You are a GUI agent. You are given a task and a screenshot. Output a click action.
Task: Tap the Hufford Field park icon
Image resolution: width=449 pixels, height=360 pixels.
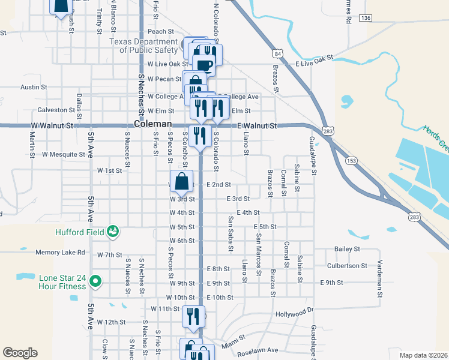click(112, 231)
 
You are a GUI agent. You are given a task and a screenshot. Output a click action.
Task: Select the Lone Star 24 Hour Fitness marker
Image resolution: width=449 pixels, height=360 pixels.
click(97, 280)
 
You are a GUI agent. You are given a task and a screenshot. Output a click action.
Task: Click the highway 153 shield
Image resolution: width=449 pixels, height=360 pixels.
click(351, 160)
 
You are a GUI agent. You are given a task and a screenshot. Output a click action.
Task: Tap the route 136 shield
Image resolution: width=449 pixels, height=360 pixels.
click(366, 19)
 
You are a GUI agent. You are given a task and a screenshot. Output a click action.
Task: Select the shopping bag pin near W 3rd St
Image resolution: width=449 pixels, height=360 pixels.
click(182, 182)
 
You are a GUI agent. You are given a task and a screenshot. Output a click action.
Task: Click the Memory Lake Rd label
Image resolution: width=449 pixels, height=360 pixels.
click(60, 253)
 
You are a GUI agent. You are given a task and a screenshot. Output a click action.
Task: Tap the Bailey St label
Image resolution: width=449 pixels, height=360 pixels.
click(347, 248)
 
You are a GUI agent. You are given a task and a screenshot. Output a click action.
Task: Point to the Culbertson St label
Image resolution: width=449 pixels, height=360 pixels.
click(347, 265)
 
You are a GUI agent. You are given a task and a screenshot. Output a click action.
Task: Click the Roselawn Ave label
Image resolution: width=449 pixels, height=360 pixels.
click(256, 350)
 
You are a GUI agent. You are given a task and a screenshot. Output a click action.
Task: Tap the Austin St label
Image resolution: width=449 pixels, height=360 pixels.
click(29, 87)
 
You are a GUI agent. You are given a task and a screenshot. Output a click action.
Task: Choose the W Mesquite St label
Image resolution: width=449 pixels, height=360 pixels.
click(64, 154)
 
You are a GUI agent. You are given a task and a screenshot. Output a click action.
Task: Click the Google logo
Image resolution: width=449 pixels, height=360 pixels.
click(20, 353)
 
